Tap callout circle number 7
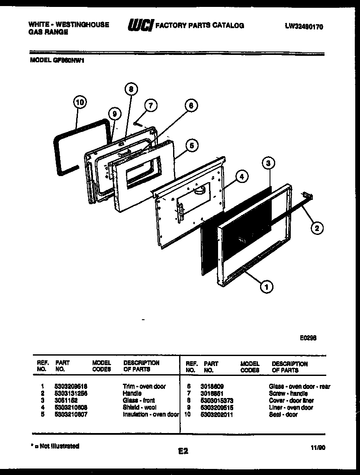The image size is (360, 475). click(x=150, y=105)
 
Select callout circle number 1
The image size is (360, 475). click(x=266, y=286)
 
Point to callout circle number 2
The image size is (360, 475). click(x=317, y=228)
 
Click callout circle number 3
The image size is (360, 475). click(x=268, y=163)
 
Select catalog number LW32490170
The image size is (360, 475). click(x=304, y=26)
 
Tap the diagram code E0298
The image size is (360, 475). click(x=307, y=339)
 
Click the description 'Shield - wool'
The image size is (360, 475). click(x=139, y=408)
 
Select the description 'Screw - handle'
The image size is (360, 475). click(x=288, y=394)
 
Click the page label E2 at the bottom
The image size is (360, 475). click(x=183, y=451)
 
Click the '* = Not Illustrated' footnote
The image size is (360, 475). click(x=55, y=446)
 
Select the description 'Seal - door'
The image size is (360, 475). click(x=283, y=414)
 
